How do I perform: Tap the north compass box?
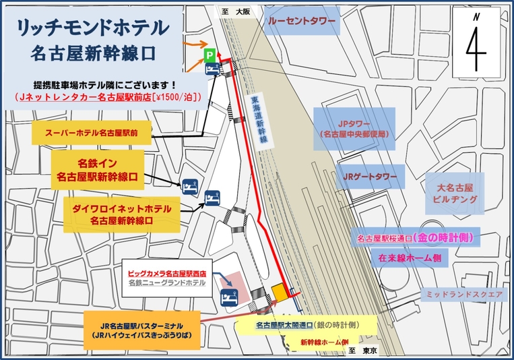click(478, 40)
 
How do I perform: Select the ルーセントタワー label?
click(302, 22)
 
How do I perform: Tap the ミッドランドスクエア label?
click(462, 295)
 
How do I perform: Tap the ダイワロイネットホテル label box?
click(122, 214)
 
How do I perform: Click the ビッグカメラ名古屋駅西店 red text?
click(167, 273)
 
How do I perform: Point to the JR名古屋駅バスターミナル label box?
click(141, 329)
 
